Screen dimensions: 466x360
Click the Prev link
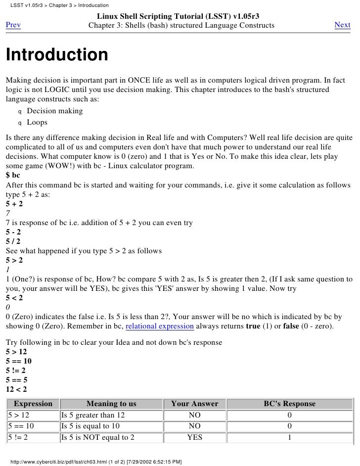point(13,25)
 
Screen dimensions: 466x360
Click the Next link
point(342,25)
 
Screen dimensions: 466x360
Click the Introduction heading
point(56,55)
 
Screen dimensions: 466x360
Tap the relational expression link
point(160,326)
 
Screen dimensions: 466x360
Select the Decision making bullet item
point(54,111)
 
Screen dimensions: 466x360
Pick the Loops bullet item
point(37,122)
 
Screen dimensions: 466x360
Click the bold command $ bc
point(13,176)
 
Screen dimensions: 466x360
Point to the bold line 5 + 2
point(14,204)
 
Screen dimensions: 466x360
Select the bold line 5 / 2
point(13,241)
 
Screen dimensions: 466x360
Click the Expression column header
point(33,404)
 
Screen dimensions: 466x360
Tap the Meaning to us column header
point(111,404)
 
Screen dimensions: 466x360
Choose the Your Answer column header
point(194,404)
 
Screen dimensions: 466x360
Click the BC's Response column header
point(289,404)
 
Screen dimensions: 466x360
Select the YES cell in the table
point(194,437)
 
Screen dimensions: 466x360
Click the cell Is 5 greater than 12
point(93,415)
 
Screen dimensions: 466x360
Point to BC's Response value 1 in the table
point(289,437)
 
